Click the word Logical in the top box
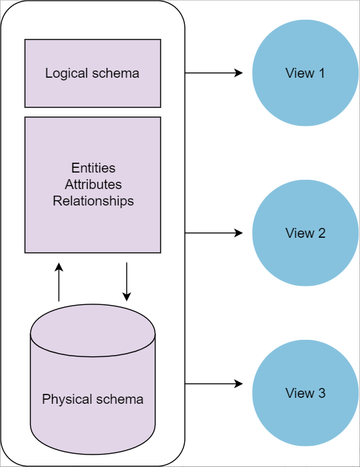coord(66,74)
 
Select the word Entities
coord(93,168)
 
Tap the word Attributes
coord(93,184)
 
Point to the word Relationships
coord(93,201)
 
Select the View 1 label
coord(305,73)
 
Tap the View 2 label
coord(305,233)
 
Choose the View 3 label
coord(305,393)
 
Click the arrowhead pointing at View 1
coord(239,72)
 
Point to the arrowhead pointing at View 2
coord(239,233)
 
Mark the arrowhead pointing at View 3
coord(239,384)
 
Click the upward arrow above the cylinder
coord(59,282)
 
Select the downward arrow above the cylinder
coord(127,282)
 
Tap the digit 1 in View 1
coord(322,73)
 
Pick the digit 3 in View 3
coord(322,393)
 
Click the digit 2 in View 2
coord(322,233)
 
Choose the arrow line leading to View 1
coord(214,72)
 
